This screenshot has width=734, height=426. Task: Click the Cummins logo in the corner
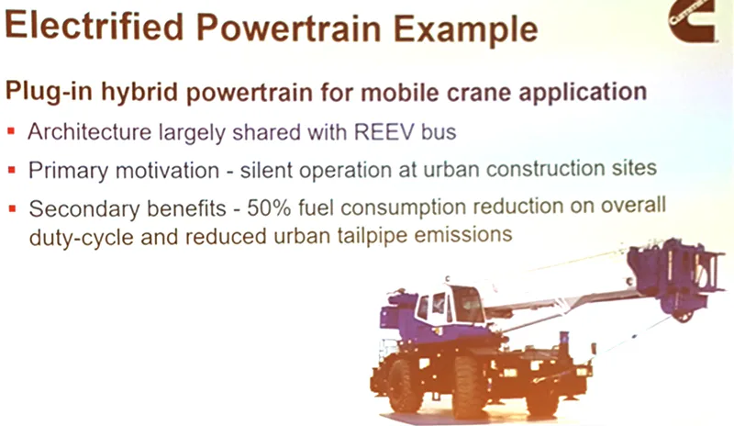coord(692,21)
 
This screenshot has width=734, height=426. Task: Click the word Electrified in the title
coord(95,27)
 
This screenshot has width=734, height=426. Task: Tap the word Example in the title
coord(465,30)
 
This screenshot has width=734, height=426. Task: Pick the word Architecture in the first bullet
coord(89,131)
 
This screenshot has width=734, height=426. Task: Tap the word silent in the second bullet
coord(266,170)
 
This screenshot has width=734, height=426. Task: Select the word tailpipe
coord(373,236)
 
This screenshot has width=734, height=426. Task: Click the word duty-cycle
coord(82,238)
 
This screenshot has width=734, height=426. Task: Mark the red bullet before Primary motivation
coord(12,170)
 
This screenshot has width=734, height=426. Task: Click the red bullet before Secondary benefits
coord(12,208)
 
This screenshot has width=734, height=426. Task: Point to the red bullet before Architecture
coord(11,131)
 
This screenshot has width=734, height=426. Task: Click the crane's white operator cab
coord(450,305)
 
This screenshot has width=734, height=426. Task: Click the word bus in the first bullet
coord(439,132)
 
